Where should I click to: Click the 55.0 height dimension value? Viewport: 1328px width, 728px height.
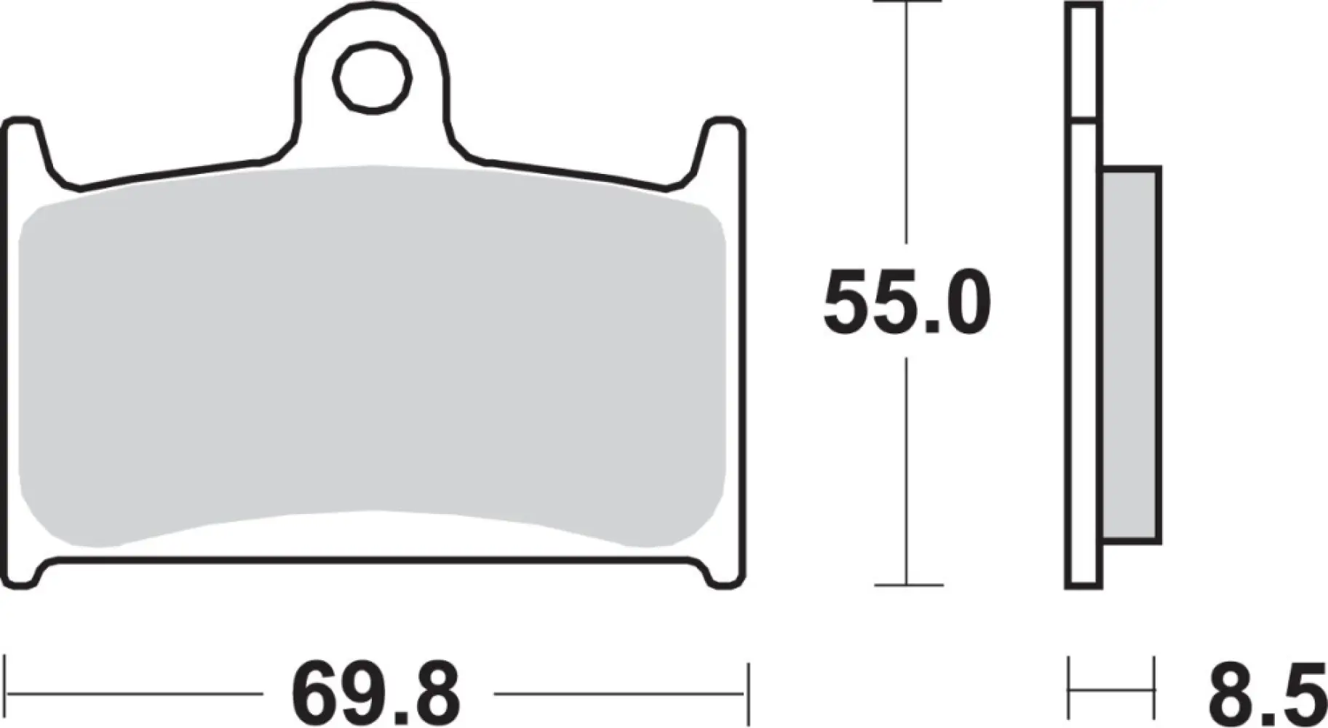click(907, 303)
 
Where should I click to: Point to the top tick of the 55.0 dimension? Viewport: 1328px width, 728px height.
click(907, 2)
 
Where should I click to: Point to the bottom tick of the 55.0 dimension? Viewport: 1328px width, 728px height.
click(907, 584)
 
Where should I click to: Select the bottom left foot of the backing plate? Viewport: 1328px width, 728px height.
click(22, 575)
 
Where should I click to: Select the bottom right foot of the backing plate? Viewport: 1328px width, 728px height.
click(725, 575)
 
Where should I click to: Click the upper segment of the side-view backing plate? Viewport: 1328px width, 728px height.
click(1084, 62)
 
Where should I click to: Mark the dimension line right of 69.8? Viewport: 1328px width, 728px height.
click(619, 694)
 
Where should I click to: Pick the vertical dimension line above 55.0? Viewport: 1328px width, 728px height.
click(907, 124)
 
